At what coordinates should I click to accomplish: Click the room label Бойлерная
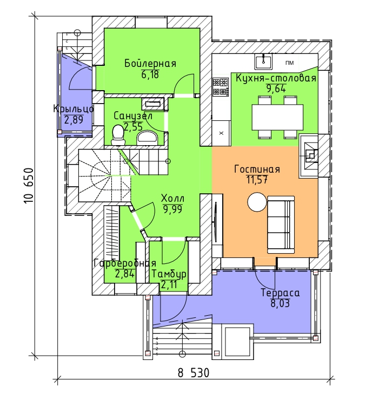pos(150,63)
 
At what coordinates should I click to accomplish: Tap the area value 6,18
pos(150,74)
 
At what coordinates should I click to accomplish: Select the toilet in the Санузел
pos(118,135)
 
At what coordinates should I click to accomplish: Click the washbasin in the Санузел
pos(148,138)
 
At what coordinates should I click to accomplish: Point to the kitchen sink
pos(263,62)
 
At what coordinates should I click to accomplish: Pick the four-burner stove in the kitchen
pos(221,87)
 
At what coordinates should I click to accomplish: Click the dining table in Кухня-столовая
pos(277,117)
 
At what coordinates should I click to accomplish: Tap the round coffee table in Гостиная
pos(257,202)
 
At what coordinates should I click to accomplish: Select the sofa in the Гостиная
pos(281,225)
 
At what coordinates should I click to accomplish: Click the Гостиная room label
pos(257,169)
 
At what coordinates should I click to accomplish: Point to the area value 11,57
pos(257,180)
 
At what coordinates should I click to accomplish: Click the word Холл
pos(172,199)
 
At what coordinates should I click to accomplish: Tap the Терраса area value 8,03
pos(280,303)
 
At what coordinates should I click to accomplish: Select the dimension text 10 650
pos(29,186)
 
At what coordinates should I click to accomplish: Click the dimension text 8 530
pos(194,373)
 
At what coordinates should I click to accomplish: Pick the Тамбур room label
pos(169,274)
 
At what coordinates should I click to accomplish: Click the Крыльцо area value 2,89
pos(74,120)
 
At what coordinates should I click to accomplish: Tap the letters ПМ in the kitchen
pos(289,63)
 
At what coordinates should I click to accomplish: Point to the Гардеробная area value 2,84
pos(124,274)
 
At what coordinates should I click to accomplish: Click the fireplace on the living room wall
pos(309,156)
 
